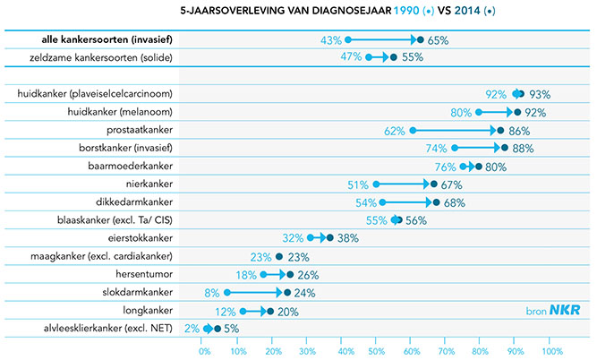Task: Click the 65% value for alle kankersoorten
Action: (438, 40)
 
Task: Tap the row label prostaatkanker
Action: (160, 131)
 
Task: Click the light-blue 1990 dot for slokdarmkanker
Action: (228, 293)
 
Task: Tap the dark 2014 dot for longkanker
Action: (270, 312)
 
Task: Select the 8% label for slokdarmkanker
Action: (212, 293)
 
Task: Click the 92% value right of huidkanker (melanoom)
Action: (535, 113)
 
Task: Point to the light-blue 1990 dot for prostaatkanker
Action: (413, 131)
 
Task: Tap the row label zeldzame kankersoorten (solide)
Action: (112, 58)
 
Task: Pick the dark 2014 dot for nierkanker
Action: (434, 184)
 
